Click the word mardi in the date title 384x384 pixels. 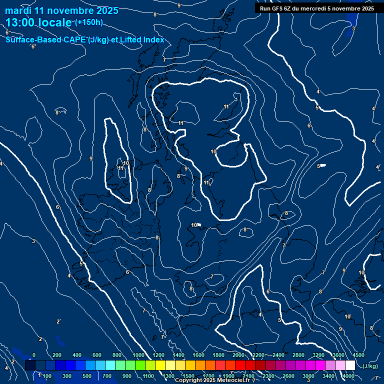[17, 10]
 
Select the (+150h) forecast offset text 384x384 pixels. [89, 22]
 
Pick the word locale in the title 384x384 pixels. [55, 23]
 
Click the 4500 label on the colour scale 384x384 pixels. [358, 355]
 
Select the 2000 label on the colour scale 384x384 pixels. [238, 355]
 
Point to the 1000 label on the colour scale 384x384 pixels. [138, 355]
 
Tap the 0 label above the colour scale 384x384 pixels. [34, 355]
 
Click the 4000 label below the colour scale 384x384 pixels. [348, 375]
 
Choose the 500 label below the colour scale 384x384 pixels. [87, 375]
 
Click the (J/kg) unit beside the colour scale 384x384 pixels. [370, 366]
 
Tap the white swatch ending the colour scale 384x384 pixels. [350, 365]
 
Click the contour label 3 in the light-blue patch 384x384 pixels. [353, 28]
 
